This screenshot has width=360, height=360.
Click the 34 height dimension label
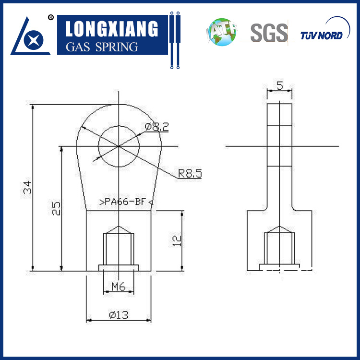(x=27, y=187)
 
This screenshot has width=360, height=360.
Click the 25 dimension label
(x=56, y=208)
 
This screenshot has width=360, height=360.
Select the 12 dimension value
(x=177, y=241)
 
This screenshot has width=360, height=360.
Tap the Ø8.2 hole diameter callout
(x=157, y=127)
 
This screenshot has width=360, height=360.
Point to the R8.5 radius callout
(x=190, y=174)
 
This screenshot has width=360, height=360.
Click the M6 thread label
(x=119, y=287)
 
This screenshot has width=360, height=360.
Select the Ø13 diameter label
(x=119, y=315)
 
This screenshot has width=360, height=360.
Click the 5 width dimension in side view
(x=280, y=85)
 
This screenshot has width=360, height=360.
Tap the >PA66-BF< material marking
(x=126, y=202)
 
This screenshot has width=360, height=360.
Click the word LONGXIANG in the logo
(x=112, y=29)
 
